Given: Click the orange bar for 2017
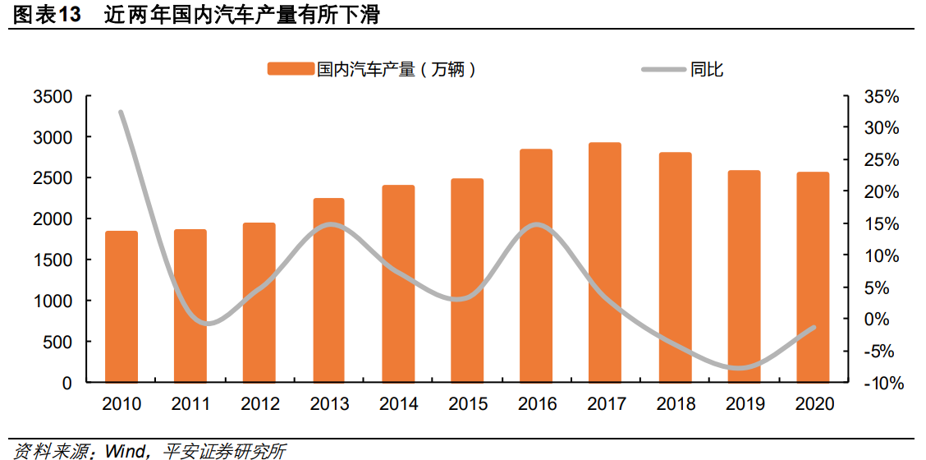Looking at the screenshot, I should tap(604, 263).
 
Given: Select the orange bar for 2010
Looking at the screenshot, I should tap(121, 307).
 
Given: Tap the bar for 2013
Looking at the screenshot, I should tap(328, 291).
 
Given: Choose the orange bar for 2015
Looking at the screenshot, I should tap(466, 281).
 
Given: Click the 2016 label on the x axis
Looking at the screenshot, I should tap(536, 404).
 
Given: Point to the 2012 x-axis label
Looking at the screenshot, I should tap(260, 404).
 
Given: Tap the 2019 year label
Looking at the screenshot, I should tap(744, 404).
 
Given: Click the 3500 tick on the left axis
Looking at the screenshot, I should tap(53, 97).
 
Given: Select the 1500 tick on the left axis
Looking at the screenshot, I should tap(53, 260).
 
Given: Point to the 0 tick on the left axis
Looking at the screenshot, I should tap(66, 383).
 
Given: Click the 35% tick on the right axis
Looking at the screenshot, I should tap(882, 97).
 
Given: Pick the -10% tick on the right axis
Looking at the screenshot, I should tap(882, 383).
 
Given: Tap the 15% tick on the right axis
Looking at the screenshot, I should tap(882, 224).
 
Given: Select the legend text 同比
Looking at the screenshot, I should tap(707, 70).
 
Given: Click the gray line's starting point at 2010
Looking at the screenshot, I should tap(121, 112).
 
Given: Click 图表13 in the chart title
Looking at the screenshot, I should tap(47, 14).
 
